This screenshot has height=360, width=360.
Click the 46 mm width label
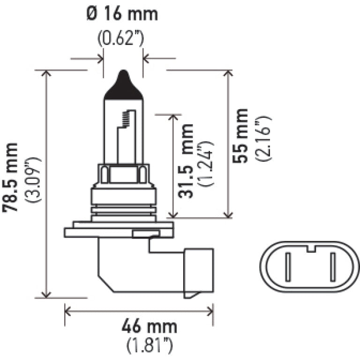click(150, 326)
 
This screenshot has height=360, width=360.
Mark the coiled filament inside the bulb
click(125, 120)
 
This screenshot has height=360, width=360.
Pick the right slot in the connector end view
click(332, 267)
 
